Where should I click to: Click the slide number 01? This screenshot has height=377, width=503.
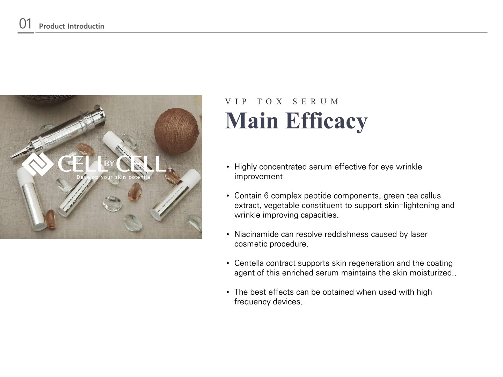pyautogui.click(x=25, y=24)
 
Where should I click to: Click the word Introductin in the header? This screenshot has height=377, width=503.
pyautogui.click(x=86, y=26)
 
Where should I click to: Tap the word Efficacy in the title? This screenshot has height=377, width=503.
pyautogui.click(x=326, y=121)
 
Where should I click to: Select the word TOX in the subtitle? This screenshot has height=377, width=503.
pyautogui.click(x=270, y=101)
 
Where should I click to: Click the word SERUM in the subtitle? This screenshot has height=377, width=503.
pyautogui.click(x=315, y=101)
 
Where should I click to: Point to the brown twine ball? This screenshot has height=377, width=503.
pyautogui.click(x=176, y=131)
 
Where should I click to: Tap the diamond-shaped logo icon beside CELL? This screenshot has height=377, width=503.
pyautogui.click(x=38, y=164)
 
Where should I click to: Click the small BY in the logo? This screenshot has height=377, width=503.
pyautogui.click(x=109, y=163)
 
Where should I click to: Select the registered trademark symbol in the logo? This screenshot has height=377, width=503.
pyautogui.click(x=170, y=170)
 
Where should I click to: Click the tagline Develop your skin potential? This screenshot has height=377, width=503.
pyautogui.click(x=114, y=177)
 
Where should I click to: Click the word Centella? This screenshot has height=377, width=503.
pyautogui.click(x=249, y=263)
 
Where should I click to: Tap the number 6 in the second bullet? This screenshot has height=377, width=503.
pyautogui.click(x=266, y=196)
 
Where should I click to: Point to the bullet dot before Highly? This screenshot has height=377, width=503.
pyautogui.click(x=227, y=167)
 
